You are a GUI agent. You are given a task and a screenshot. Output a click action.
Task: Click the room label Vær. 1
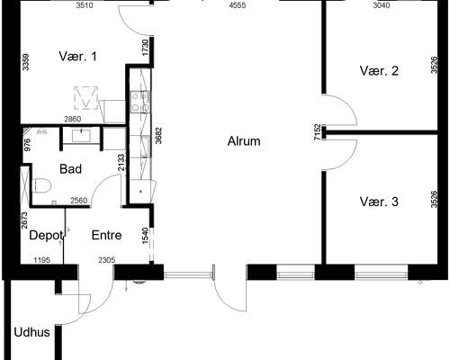77,57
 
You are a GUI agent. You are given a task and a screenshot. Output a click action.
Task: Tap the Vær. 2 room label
379,71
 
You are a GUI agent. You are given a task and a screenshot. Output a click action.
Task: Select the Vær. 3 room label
379,202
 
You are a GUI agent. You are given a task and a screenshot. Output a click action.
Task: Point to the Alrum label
244,141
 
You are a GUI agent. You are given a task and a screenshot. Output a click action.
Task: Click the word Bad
70,169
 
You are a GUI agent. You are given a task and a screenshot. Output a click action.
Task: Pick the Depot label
46,236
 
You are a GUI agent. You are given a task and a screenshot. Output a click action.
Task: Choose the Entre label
106,235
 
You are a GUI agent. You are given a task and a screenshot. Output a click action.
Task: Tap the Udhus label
31,332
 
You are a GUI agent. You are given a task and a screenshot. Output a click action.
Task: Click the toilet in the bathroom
42,185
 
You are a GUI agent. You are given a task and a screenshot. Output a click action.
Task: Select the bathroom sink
81,135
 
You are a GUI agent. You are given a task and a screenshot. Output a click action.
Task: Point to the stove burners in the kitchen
140,102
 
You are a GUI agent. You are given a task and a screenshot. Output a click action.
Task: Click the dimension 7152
317,132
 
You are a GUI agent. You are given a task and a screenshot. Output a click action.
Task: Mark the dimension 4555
238,5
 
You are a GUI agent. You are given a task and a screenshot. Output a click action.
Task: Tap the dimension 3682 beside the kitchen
158,136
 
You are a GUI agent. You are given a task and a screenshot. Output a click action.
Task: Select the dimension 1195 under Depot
41,260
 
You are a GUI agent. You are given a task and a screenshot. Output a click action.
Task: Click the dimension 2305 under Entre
107,260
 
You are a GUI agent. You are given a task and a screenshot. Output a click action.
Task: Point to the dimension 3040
382,5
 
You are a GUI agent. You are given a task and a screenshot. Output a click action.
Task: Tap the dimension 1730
146,48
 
